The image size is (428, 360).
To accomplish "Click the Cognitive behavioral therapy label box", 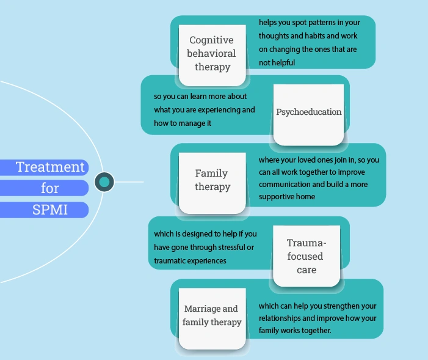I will [211, 54].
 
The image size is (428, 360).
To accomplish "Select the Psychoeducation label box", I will [308, 112].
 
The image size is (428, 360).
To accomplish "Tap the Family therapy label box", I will [212, 180].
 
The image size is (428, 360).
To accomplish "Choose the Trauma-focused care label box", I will [306, 256].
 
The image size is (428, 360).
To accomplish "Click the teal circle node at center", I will [104, 182].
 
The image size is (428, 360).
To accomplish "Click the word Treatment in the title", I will [50, 167].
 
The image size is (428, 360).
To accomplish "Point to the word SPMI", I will [50, 210].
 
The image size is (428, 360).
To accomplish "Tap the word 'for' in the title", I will [50, 188].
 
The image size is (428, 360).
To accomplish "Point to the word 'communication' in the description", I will [285, 185].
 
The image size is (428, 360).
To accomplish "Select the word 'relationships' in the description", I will [282, 318].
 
